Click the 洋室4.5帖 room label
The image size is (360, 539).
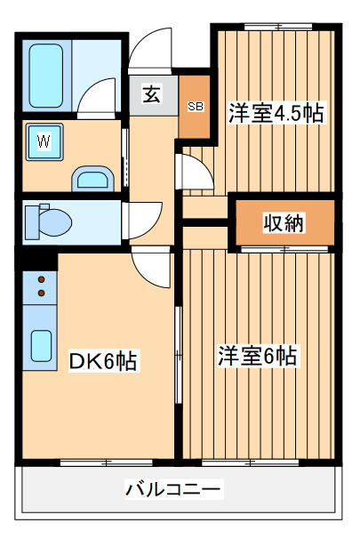coord(276,113)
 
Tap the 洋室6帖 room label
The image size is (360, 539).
coord(259,357)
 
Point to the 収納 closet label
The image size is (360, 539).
coord(284,223)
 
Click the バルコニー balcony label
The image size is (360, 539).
coord(173,488)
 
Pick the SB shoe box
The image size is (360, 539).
coord(195,106)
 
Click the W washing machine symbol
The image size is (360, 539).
coord(43,141)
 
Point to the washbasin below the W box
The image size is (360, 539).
coord(91,180)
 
